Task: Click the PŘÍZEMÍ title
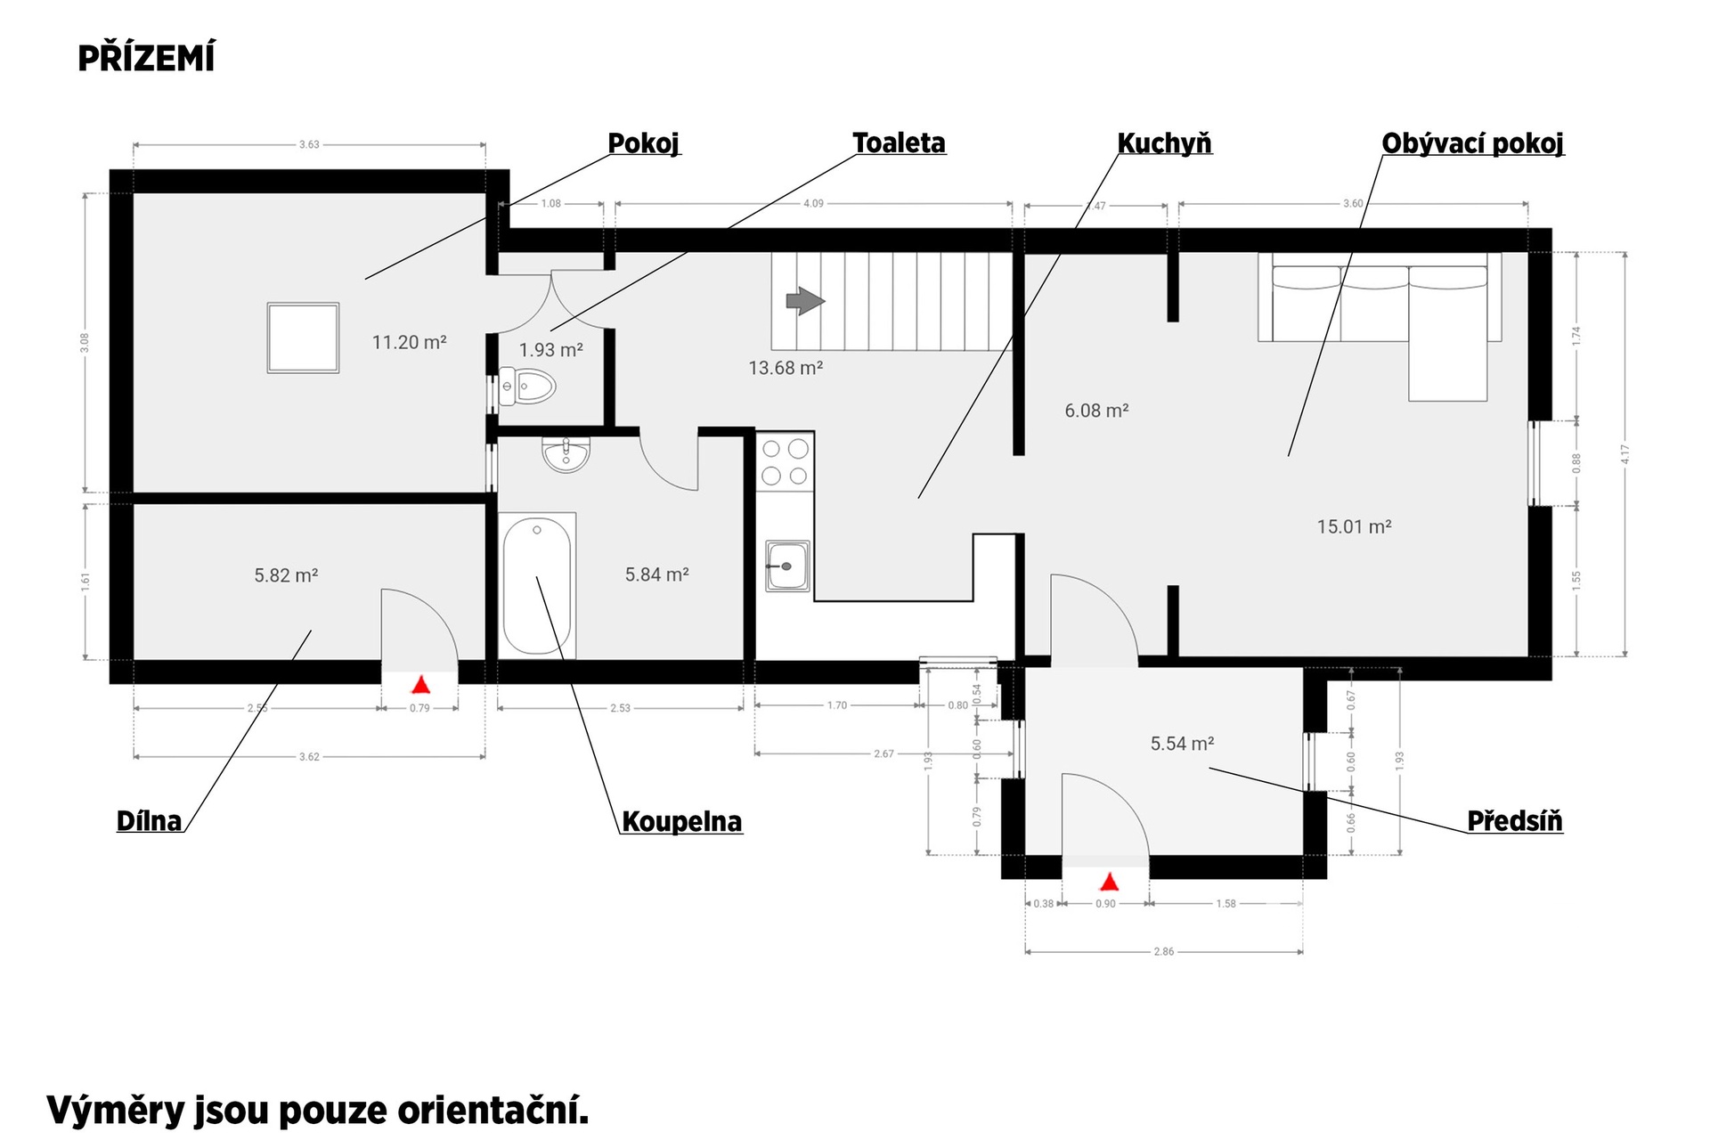pyautogui.click(x=146, y=58)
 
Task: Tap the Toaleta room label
pyautogui.click(x=899, y=142)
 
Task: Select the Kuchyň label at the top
pyautogui.click(x=1164, y=142)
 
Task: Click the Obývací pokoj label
pyautogui.click(x=1472, y=143)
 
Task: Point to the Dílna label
pyautogui.click(x=150, y=820)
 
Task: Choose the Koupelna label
pyautogui.click(x=681, y=821)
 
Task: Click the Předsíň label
pyautogui.click(x=1515, y=820)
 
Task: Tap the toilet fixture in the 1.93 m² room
pyautogui.click(x=527, y=386)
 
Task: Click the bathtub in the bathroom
pyautogui.click(x=537, y=585)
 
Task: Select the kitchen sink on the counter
pyautogui.click(x=787, y=566)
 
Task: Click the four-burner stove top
pyautogui.click(x=785, y=461)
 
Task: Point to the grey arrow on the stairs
pyautogui.click(x=805, y=301)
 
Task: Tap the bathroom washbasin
pyautogui.click(x=566, y=454)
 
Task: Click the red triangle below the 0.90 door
pyautogui.click(x=1109, y=883)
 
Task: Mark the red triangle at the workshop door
pyautogui.click(x=420, y=685)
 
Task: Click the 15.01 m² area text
pyautogui.click(x=1354, y=526)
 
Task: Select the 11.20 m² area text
pyautogui.click(x=409, y=342)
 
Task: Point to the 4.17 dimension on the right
pyautogui.click(x=1625, y=454)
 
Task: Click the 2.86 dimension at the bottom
pyautogui.click(x=1163, y=952)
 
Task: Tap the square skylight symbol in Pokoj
pyautogui.click(x=303, y=338)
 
